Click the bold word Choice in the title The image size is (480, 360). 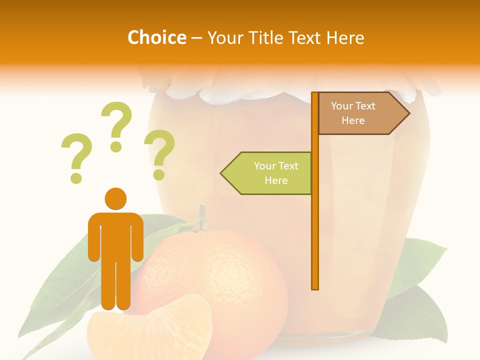coord(156,37)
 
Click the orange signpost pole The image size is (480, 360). coord(315,225)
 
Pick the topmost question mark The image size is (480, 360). coord(116,125)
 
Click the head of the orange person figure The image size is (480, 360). coord(115,198)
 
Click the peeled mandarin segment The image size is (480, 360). coord(150,330)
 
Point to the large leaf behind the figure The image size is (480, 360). coord(65,280)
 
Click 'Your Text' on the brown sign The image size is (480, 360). coord(353,106)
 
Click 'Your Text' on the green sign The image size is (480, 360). coord(276,166)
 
